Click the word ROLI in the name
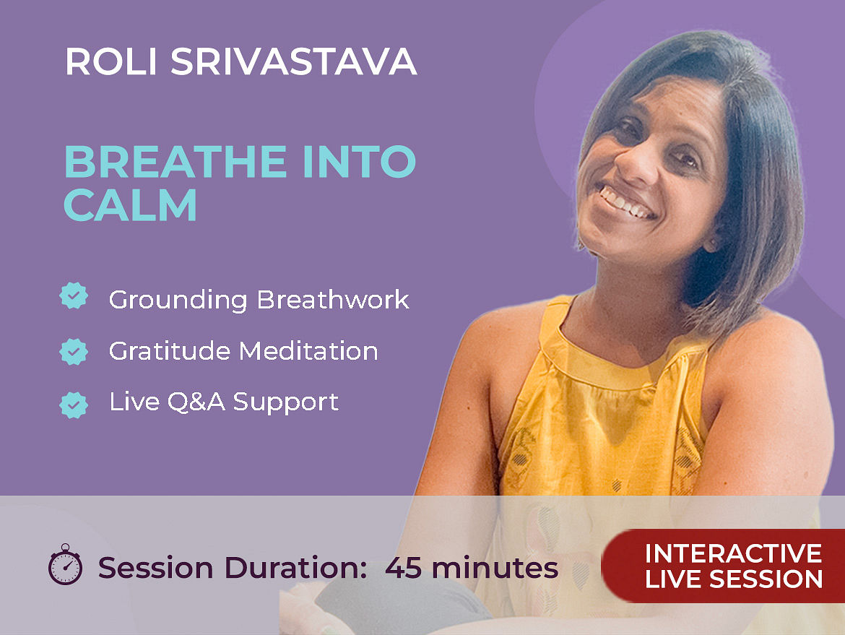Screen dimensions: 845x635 coord(111,61)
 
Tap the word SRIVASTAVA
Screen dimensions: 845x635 coord(294,61)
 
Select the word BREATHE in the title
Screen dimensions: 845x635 coord(175,162)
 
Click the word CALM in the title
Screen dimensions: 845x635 coord(131,205)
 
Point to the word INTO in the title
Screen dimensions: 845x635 coord(359,162)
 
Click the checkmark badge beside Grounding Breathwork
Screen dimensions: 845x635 coord(74,295)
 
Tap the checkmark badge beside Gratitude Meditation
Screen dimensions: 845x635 coord(74,352)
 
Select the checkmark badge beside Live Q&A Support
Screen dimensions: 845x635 coord(74,405)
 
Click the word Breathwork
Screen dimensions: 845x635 coord(332,300)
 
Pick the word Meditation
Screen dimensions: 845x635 coord(308,351)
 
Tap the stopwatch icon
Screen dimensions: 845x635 coord(65,564)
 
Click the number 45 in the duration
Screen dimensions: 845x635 coord(403,568)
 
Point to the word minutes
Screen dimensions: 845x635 coord(495,568)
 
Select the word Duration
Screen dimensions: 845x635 coord(295,568)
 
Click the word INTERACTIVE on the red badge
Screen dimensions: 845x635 coord(734,553)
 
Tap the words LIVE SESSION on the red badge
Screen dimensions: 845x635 coord(734,579)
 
